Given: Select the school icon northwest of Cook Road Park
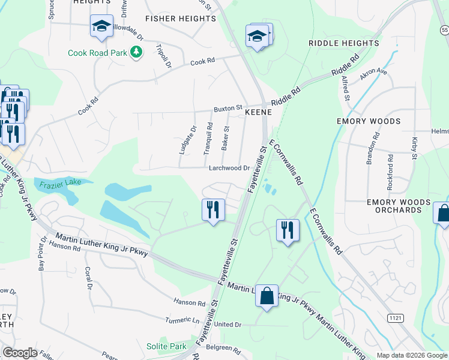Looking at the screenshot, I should pos(101,27).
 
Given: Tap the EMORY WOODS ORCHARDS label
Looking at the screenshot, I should pos(399,206).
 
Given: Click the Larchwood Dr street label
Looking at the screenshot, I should pos(229,168).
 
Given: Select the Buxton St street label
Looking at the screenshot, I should pos(228,109).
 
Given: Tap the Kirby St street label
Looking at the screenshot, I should pos(414,148).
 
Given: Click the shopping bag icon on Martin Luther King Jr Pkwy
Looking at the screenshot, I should pos(267,295).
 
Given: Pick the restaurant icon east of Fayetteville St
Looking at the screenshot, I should pos(288,230).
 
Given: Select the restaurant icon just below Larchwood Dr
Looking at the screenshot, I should pos(212,210).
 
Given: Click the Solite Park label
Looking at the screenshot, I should pos(166,346).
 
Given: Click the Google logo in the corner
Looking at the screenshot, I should pos(20,353).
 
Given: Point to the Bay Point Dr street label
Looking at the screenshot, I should pos(43,253).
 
